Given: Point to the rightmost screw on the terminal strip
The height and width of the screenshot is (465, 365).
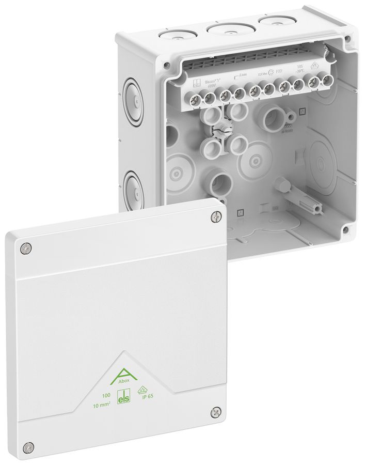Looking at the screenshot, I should point(327,81).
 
